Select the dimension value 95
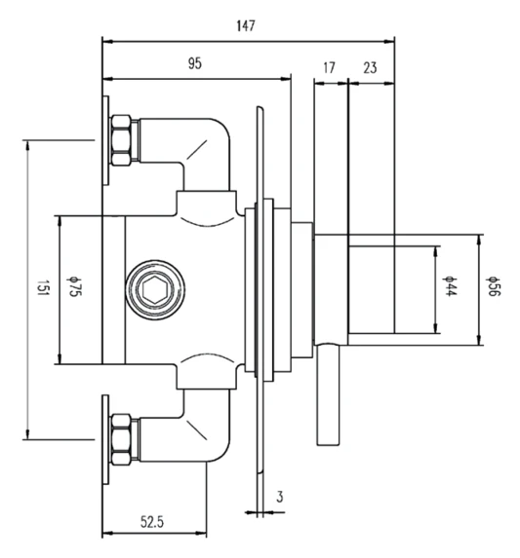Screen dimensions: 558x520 (x=195, y=63)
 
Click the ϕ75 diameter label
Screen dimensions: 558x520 (x=73, y=290)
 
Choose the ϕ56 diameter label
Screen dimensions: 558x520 (x=493, y=290)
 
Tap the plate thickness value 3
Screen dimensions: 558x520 (x=280, y=497)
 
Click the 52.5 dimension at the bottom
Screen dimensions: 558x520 (x=152, y=522)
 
